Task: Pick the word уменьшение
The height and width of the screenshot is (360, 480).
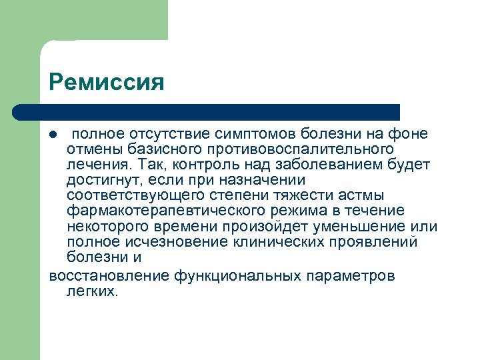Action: [x=356, y=226]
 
